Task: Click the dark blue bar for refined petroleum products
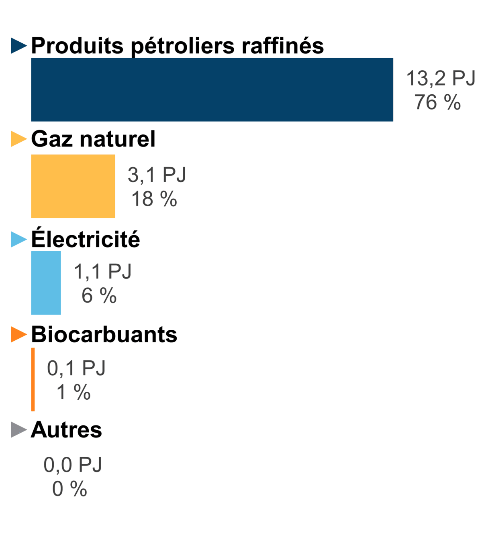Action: [212, 89]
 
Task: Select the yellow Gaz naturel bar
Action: [73, 186]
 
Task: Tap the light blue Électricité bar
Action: [46, 283]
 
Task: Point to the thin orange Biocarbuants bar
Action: [33, 380]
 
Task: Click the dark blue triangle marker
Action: [18, 45]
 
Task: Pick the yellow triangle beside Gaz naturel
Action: [18, 139]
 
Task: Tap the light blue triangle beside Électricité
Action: [18, 240]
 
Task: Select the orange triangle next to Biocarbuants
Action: [18, 334]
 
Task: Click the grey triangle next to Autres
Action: [18, 430]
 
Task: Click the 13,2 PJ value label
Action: [441, 78]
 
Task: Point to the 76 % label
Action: [437, 102]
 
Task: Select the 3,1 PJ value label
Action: [157, 175]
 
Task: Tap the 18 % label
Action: [154, 199]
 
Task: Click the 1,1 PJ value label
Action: [103, 272]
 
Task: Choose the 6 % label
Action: [99, 296]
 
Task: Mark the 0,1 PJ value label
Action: [76, 368]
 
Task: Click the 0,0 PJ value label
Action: [73, 465]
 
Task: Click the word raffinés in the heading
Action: [283, 45]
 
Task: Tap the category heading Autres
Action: [67, 430]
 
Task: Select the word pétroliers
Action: [183, 46]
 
